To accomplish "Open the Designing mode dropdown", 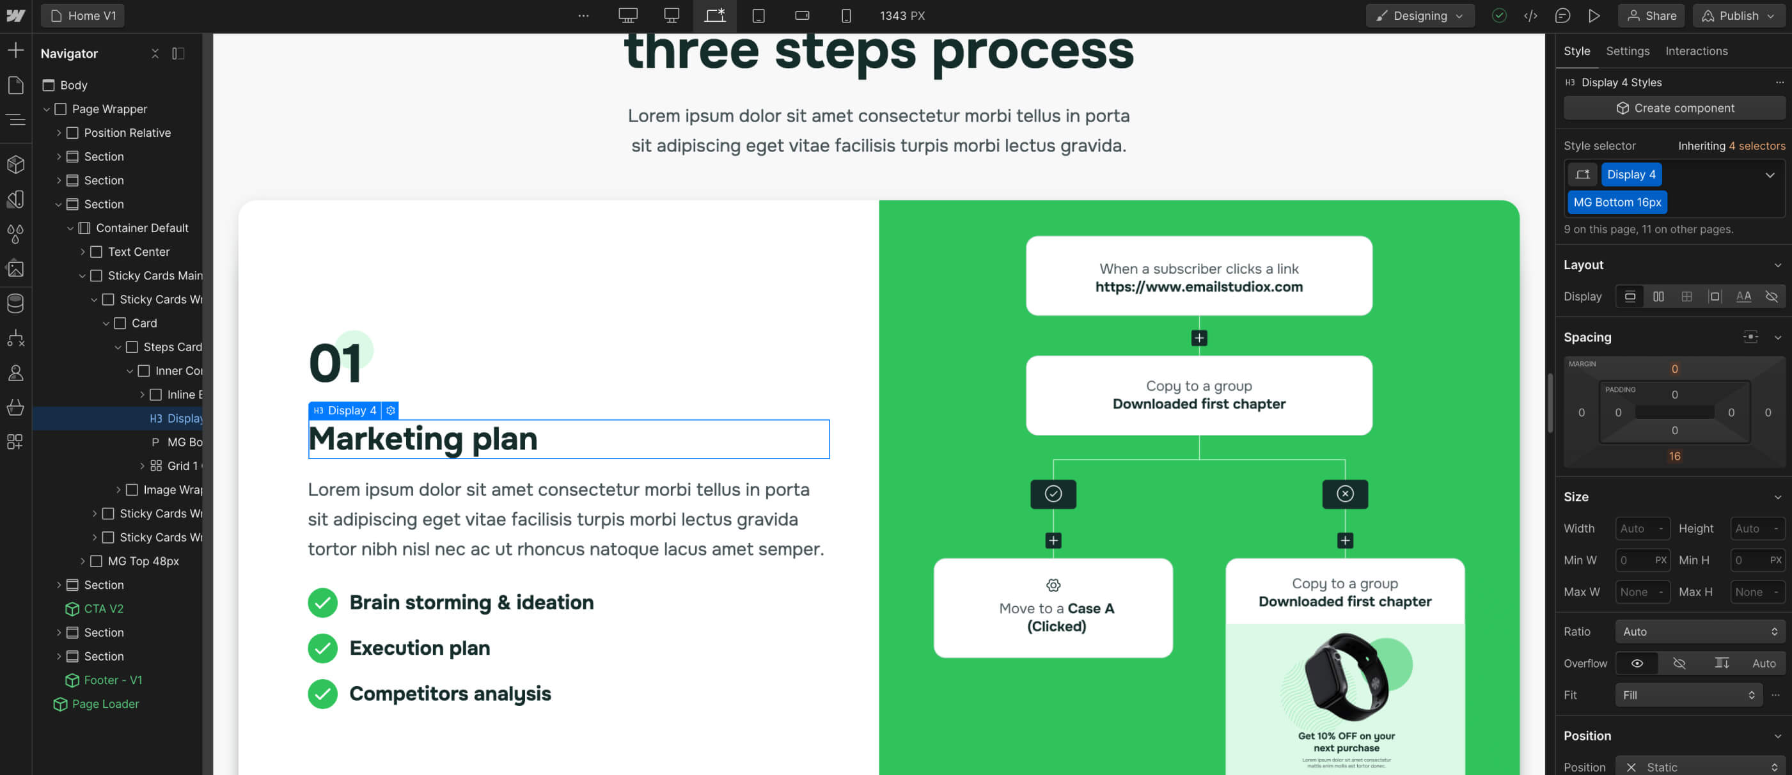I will (1419, 16).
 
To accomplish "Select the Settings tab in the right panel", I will (1627, 51).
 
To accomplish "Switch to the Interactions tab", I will (1696, 51).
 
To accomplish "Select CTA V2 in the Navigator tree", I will (103, 609).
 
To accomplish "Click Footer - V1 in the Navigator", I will (113, 680).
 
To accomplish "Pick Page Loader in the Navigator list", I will (105, 704).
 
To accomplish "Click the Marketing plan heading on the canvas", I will (423, 439).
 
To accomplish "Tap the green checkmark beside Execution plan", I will (323, 648).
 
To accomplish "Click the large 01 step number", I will (335, 363).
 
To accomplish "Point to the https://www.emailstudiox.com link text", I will (1199, 286).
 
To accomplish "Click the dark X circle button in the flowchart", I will (1345, 494).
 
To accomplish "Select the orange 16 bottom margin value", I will (1674, 457).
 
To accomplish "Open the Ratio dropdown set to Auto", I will (1699, 632).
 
